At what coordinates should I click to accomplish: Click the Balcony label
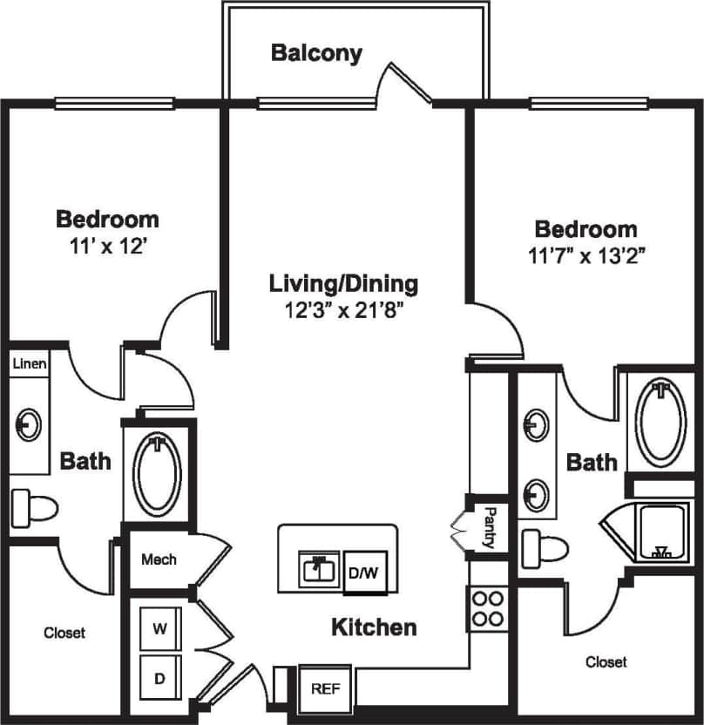click(x=316, y=53)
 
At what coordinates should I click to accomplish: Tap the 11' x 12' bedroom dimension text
click(x=106, y=246)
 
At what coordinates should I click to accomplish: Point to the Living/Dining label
click(x=343, y=283)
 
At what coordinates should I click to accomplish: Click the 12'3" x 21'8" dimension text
click(x=343, y=310)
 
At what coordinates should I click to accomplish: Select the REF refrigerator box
click(x=325, y=688)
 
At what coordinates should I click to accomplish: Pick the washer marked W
click(x=160, y=628)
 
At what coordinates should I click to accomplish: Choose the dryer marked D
click(x=160, y=677)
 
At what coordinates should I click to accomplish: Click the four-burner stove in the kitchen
click(x=489, y=608)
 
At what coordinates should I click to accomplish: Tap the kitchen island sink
click(x=320, y=570)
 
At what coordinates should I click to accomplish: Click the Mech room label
click(x=159, y=559)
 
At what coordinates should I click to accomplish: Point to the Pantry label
click(x=490, y=527)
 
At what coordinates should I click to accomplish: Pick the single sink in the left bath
click(x=29, y=426)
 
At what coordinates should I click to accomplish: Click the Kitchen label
click(x=373, y=627)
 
